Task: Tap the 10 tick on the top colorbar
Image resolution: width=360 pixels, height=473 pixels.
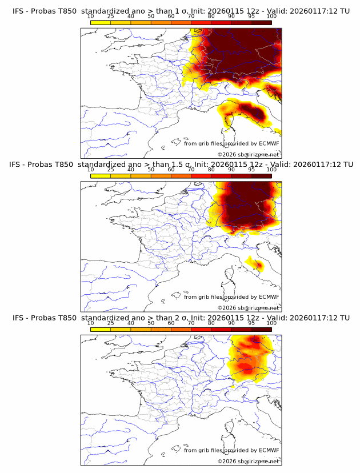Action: (91, 16)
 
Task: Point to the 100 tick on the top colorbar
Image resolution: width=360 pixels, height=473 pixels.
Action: (271, 16)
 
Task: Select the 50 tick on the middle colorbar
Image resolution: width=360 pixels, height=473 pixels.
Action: (151, 170)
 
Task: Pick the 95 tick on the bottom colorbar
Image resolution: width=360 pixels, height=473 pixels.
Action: (251, 323)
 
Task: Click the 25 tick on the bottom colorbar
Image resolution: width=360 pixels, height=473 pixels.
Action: (111, 323)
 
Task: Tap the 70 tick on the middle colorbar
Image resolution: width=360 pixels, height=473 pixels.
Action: (191, 170)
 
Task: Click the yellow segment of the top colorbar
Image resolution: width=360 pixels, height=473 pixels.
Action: (101, 22)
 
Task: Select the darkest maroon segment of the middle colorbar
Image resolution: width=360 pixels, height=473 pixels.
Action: (261, 176)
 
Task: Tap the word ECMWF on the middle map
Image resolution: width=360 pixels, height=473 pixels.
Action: (269, 296)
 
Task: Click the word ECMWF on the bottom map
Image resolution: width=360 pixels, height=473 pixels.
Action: (269, 450)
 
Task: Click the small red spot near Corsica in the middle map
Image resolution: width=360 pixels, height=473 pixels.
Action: (259, 264)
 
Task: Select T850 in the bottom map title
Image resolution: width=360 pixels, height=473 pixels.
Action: (66, 318)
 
